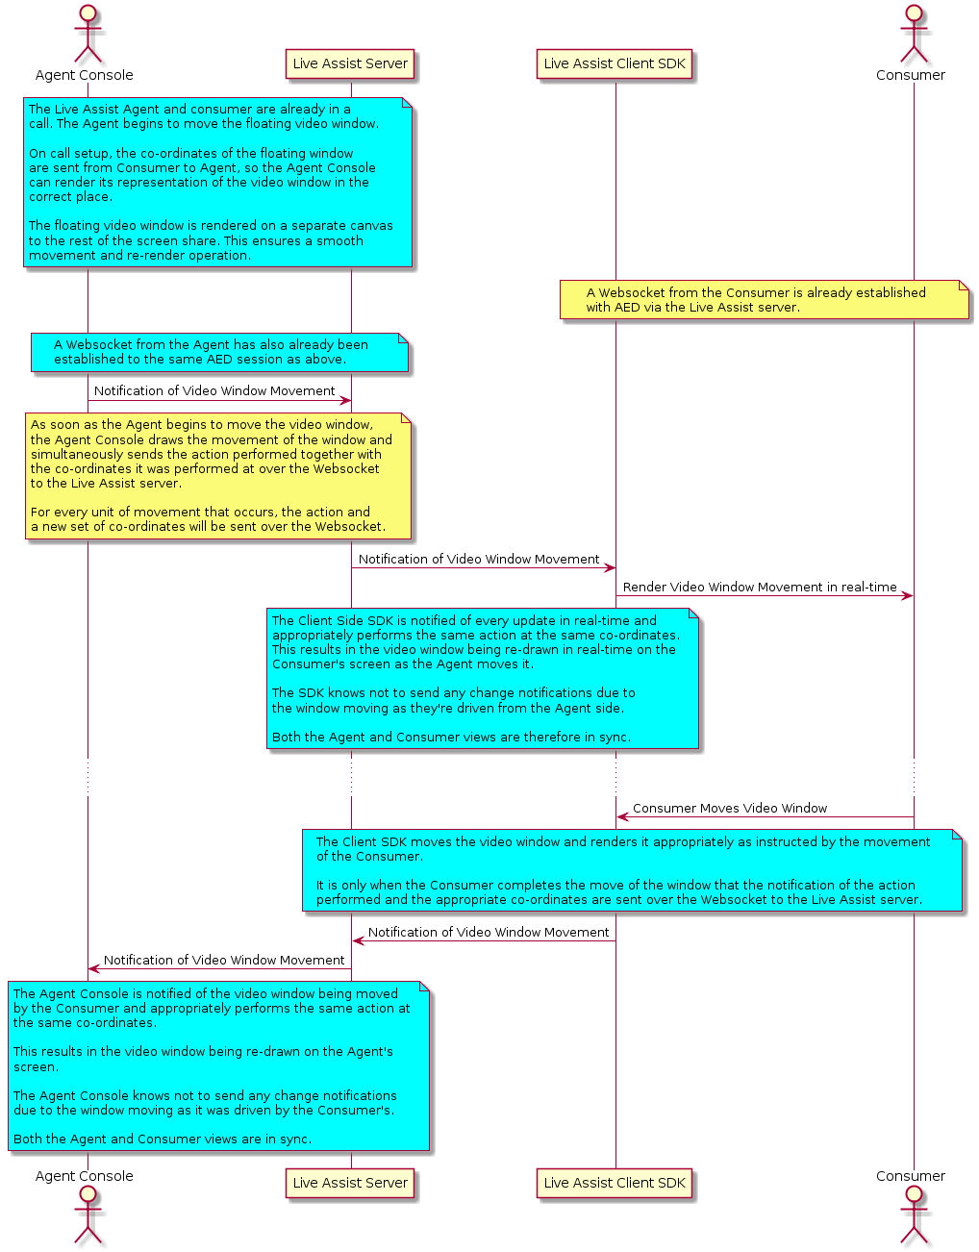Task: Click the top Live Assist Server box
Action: tap(350, 63)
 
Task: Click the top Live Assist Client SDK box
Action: tap(615, 63)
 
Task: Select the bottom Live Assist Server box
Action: tap(350, 1183)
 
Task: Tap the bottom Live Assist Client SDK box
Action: tap(615, 1183)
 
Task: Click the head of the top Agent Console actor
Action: tap(88, 13)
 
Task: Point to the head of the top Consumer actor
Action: tap(914, 13)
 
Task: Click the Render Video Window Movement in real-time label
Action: tap(760, 588)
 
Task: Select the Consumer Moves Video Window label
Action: tap(730, 809)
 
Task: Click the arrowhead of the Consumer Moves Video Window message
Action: tap(621, 817)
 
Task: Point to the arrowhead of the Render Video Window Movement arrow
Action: tap(908, 596)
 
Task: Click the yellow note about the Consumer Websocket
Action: tap(765, 300)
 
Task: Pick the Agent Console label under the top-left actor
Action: tap(84, 75)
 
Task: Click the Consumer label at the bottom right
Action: tap(911, 1176)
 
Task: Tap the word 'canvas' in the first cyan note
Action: tap(368, 226)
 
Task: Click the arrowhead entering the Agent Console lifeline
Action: tap(93, 969)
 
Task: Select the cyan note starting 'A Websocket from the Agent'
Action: tap(219, 352)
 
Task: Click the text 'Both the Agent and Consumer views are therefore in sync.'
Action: tap(451, 738)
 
